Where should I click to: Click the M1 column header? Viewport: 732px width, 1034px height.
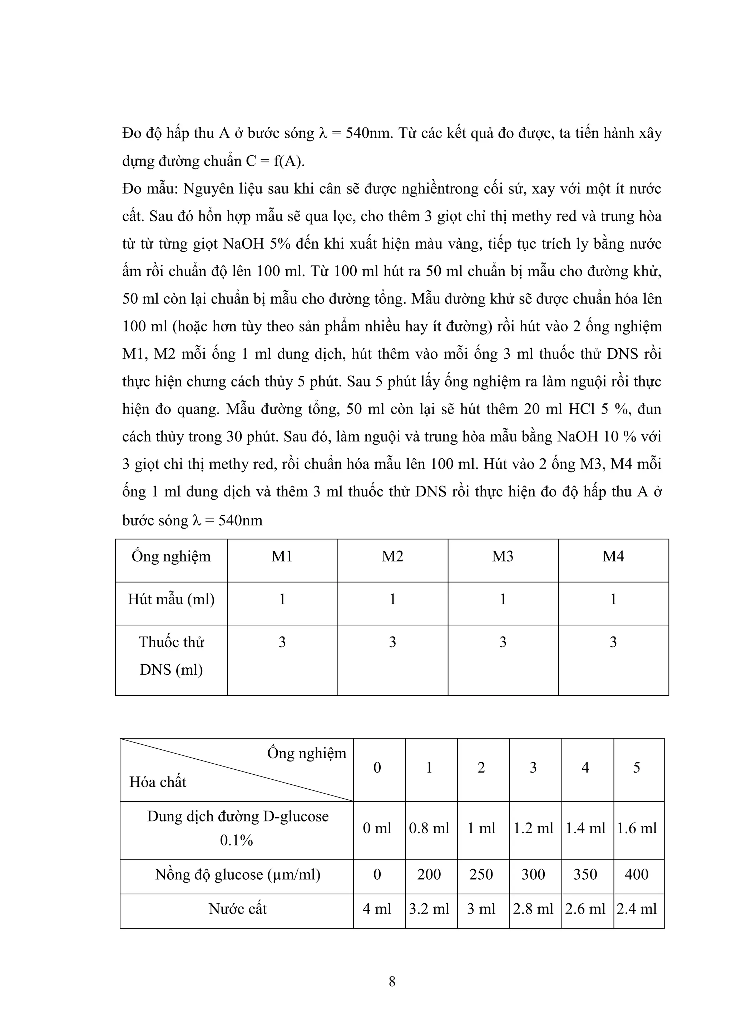click(x=282, y=556)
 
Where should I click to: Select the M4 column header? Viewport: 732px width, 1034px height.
click(x=613, y=556)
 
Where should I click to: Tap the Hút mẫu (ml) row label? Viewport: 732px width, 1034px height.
click(x=171, y=599)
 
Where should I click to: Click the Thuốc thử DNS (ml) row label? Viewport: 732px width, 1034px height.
click(x=171, y=656)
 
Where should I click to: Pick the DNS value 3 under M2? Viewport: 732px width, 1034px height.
click(x=392, y=642)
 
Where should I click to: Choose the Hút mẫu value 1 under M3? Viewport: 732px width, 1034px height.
click(x=503, y=599)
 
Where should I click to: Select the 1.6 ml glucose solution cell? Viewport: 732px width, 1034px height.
click(x=637, y=828)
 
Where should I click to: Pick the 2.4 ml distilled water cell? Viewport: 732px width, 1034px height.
click(x=637, y=909)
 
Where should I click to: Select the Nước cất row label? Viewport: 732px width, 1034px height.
click(x=238, y=909)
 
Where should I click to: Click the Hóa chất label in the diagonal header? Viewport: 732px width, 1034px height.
click(x=158, y=782)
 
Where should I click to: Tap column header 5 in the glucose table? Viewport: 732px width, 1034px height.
click(x=637, y=768)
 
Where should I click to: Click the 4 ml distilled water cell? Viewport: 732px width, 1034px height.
click(x=377, y=909)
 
